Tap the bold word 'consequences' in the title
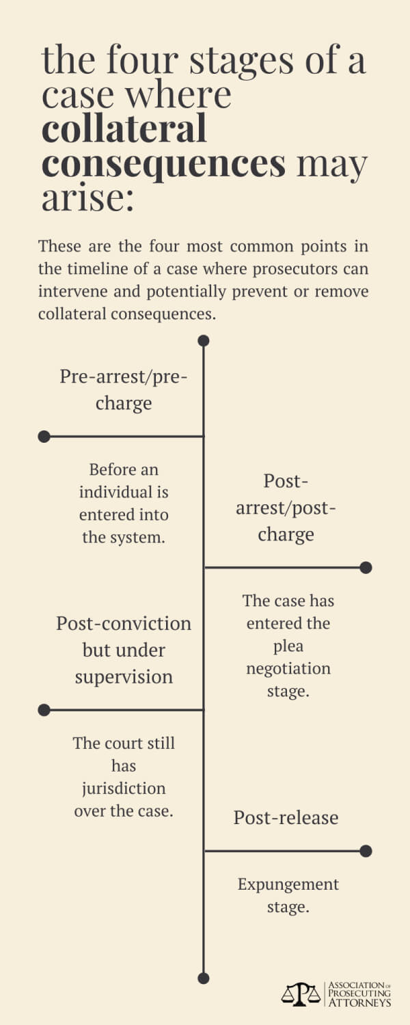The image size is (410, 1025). [164, 163]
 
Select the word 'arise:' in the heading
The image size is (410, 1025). [88, 197]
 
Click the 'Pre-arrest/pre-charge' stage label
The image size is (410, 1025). [124, 390]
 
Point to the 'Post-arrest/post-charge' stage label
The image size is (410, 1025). [286, 508]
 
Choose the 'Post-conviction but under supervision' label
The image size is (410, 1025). [124, 651]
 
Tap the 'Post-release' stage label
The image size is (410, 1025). [286, 817]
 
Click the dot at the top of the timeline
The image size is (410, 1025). [204, 340]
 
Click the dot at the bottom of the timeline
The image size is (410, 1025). [204, 978]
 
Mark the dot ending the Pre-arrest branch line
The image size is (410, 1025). [44, 437]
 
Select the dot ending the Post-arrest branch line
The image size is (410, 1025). [366, 567]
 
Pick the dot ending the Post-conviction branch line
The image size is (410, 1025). [44, 710]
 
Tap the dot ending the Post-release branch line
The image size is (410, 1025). [366, 851]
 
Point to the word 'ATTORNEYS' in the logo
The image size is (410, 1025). [360, 1002]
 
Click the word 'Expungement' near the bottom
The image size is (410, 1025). [288, 885]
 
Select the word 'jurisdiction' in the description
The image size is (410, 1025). [124, 789]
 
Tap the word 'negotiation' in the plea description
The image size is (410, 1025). [288, 669]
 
